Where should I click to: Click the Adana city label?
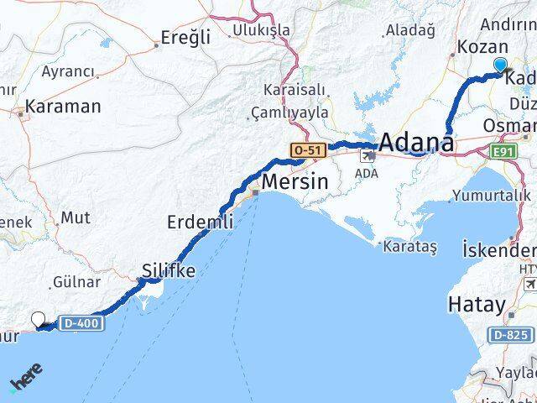click(417, 142)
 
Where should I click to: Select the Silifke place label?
click(169, 270)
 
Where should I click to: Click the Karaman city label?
click(63, 107)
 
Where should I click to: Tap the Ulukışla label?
click(262, 30)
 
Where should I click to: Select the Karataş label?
click(409, 247)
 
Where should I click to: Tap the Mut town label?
click(75, 217)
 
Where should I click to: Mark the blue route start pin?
click(501, 65)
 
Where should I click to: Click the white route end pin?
click(38, 319)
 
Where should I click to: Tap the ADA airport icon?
click(368, 156)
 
